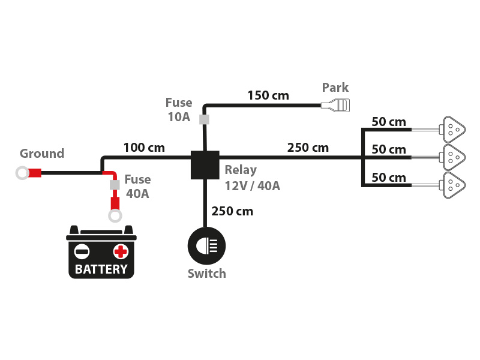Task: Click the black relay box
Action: point(205,164)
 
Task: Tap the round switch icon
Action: point(206,245)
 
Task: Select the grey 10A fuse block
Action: point(205,119)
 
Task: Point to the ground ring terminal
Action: point(23,174)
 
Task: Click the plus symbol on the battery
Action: point(121,251)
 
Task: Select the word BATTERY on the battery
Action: point(101,269)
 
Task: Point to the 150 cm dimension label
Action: point(268,95)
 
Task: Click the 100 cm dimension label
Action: point(144,147)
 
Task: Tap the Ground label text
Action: point(42,154)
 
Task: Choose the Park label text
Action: point(335,88)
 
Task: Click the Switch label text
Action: point(206,274)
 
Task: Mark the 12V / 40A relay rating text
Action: point(252,185)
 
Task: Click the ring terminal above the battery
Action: point(115,215)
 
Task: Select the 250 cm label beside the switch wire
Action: point(232,211)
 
